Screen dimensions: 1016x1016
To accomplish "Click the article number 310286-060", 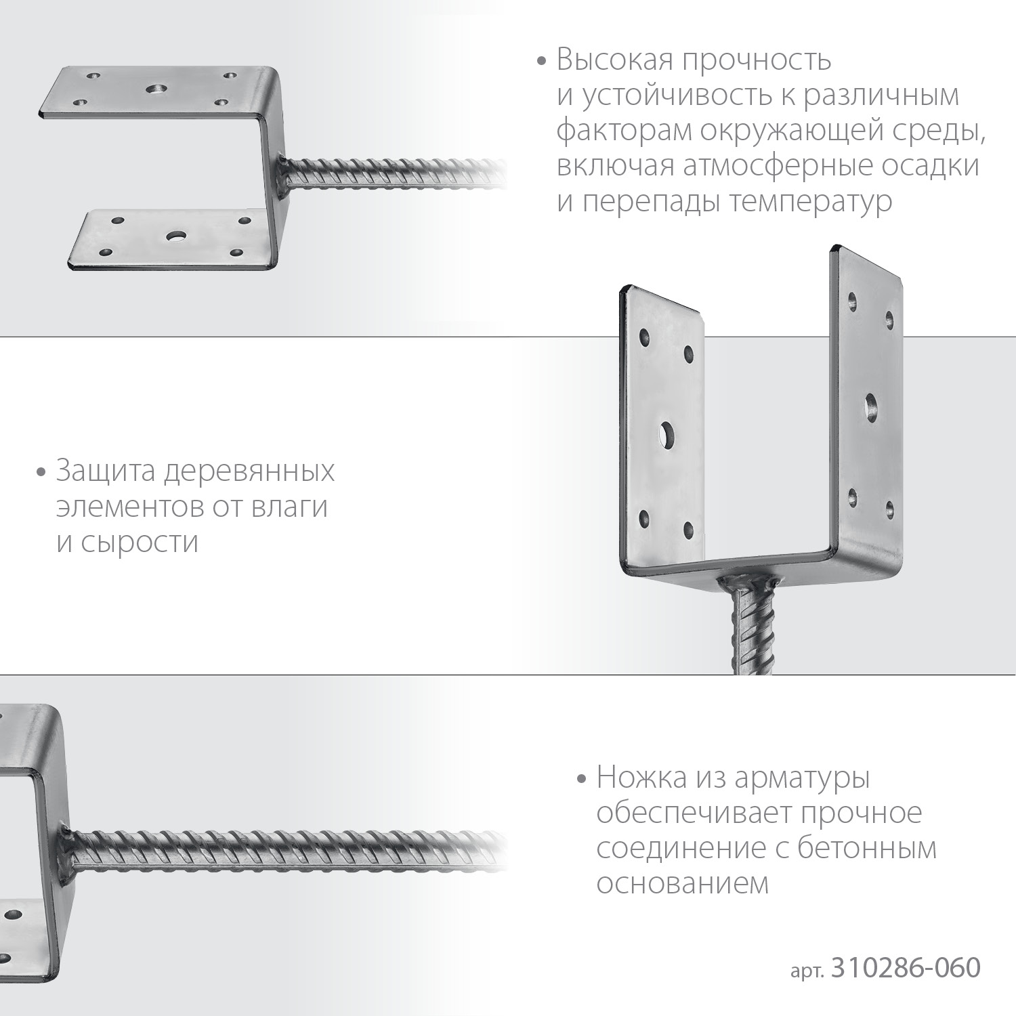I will (x=905, y=968).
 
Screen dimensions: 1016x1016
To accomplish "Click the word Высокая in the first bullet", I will (x=614, y=60).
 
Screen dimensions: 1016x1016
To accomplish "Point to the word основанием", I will (x=682, y=883).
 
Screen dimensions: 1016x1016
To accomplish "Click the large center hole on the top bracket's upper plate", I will (x=157, y=89).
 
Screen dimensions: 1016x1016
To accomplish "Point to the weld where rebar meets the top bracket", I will (x=284, y=164).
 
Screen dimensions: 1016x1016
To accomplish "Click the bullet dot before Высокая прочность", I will (x=541, y=62).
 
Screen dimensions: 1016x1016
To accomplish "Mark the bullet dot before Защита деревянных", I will (x=41, y=472).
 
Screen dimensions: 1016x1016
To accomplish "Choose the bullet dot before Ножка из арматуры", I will (x=580, y=779).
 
